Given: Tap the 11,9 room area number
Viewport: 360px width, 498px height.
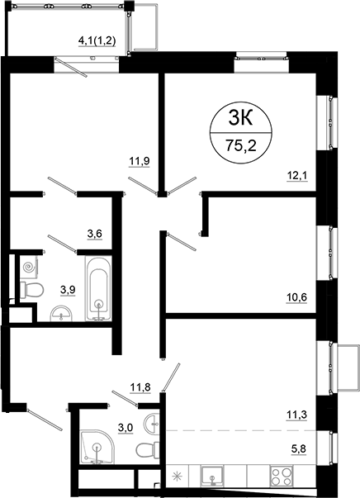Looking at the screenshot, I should (138, 161).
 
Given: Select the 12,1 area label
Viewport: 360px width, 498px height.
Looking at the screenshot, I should (296, 176).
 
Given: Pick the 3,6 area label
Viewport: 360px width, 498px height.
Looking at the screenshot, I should (94, 235).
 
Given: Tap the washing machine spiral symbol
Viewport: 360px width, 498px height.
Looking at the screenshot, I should (30, 268).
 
